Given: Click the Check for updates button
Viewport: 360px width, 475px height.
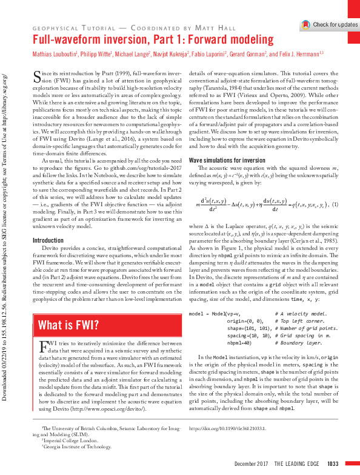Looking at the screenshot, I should point(330,24).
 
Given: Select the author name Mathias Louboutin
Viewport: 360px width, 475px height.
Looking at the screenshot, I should point(54,55).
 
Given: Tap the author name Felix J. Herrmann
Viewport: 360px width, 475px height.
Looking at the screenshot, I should point(302,55).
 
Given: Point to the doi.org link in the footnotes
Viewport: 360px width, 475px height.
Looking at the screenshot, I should point(223,429).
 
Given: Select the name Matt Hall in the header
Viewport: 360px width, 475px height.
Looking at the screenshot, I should point(224,28).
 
